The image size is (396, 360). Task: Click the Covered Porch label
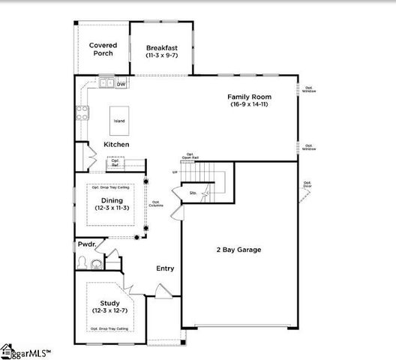coord(103,50)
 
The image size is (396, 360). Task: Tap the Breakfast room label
coord(162,50)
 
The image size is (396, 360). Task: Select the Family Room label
coord(250,100)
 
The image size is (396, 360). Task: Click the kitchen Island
coord(119,120)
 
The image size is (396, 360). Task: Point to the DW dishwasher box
coord(121,84)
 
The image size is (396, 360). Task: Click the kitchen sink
coord(106,84)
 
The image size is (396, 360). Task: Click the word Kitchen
coord(116,144)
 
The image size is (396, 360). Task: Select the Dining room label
coord(112,204)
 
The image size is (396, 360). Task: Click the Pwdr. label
coord(86,244)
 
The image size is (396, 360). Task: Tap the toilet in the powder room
coord(94,263)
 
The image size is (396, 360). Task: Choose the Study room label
coord(110,307)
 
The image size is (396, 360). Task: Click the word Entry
coord(165,268)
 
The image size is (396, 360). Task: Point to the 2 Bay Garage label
coord(238,249)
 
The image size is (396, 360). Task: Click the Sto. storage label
coord(193,193)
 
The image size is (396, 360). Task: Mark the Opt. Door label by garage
coord(307,184)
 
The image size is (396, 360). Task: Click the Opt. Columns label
coord(156,203)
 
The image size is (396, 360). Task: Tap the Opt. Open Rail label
coord(190,157)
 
